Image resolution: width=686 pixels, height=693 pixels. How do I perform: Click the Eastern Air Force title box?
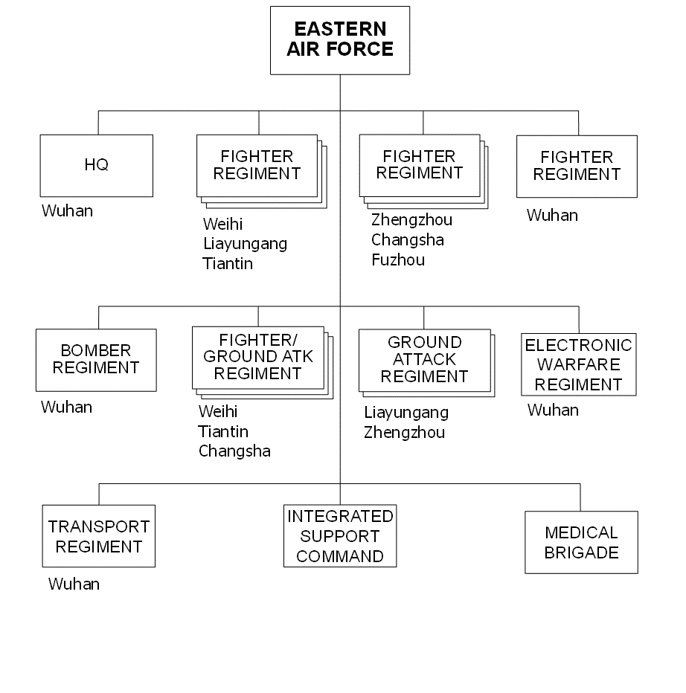(x=340, y=40)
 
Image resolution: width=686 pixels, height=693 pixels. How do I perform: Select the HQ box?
(x=97, y=166)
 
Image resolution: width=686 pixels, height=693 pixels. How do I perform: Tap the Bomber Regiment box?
(x=96, y=360)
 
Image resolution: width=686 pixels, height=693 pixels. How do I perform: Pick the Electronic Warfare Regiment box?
(x=579, y=364)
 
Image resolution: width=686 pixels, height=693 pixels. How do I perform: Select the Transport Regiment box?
(x=99, y=536)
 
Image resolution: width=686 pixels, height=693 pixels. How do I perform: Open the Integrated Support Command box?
(x=340, y=535)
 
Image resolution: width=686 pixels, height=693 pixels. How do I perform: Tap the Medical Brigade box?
(x=581, y=542)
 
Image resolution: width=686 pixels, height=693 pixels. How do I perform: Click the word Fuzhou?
(x=398, y=260)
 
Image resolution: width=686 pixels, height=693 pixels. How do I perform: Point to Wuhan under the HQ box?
(x=67, y=211)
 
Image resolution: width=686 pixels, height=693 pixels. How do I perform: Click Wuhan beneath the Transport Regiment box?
(x=74, y=584)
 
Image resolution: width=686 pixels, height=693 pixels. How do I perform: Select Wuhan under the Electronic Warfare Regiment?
(x=553, y=410)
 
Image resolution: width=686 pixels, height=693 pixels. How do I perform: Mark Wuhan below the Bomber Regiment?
(x=66, y=407)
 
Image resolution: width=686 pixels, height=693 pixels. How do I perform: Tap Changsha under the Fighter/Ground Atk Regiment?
(x=234, y=451)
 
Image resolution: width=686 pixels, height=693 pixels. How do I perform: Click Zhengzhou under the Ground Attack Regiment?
(x=404, y=432)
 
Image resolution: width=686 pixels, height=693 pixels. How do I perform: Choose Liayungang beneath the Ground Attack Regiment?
(x=406, y=413)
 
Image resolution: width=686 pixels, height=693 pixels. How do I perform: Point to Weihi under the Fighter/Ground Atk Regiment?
(x=218, y=411)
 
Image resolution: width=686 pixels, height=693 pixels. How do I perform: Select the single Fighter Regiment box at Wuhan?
(x=577, y=166)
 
